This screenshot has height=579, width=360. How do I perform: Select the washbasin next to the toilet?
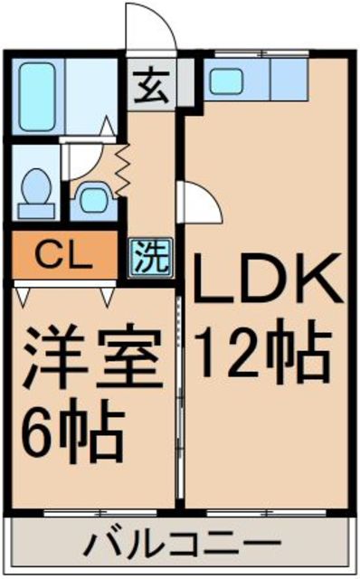click(92, 196)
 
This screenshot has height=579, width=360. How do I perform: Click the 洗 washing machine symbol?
click(151, 259)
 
